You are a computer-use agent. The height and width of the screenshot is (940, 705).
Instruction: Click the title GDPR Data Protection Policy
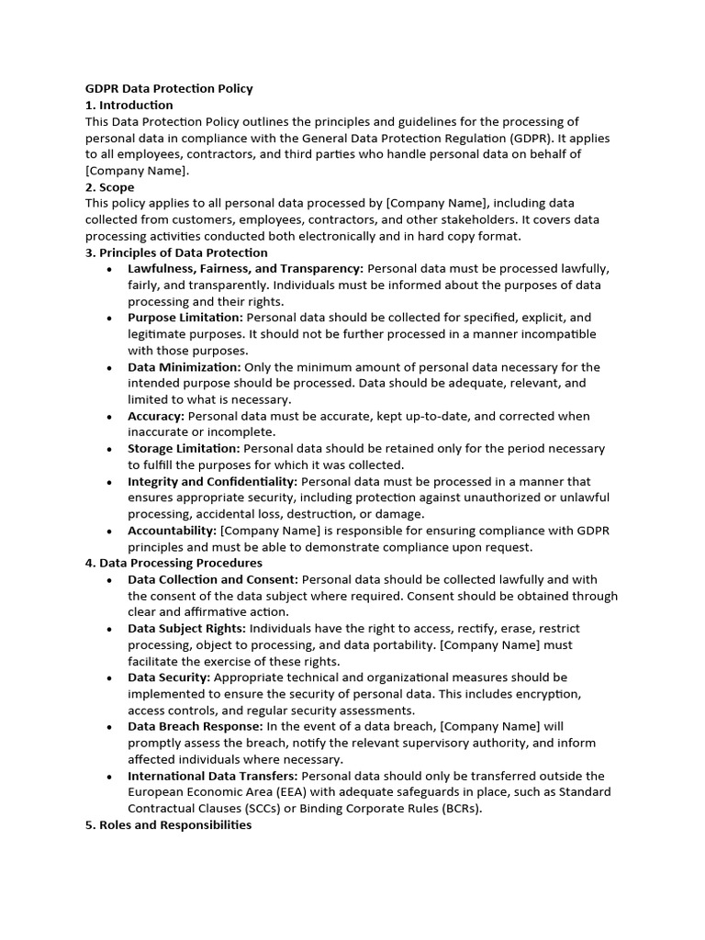pyautogui.click(x=168, y=89)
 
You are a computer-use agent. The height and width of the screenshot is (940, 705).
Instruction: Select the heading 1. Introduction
pyautogui.click(x=129, y=106)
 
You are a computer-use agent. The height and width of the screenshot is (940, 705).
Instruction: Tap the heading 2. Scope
pyautogui.click(x=110, y=187)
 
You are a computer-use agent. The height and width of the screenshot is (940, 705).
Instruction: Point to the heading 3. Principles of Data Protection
pyautogui.click(x=176, y=252)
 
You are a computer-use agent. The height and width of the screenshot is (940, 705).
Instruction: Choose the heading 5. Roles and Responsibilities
pyautogui.click(x=168, y=825)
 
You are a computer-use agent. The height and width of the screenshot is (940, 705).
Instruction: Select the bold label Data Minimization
pyautogui.click(x=184, y=367)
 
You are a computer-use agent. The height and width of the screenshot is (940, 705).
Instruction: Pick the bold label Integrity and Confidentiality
pyautogui.click(x=212, y=481)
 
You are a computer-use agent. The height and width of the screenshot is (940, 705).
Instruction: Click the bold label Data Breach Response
pyautogui.click(x=196, y=726)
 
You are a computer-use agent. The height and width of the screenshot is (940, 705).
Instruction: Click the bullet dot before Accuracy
pyautogui.click(x=109, y=417)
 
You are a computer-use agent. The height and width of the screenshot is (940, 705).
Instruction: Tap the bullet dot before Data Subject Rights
pyautogui.click(x=109, y=630)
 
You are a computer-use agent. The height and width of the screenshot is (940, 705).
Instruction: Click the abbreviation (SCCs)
pyautogui.click(x=328, y=809)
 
